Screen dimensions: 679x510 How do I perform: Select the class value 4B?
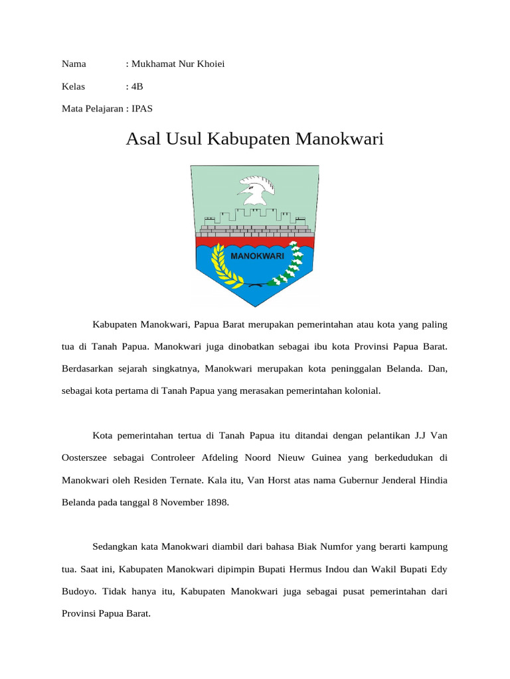(x=137, y=86)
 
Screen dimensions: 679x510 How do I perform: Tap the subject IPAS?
(x=142, y=108)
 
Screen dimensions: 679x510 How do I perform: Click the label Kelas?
(x=74, y=86)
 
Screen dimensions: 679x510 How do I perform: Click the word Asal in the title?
(x=144, y=140)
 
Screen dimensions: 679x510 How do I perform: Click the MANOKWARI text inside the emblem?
(x=257, y=255)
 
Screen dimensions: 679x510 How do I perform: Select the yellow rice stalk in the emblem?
(x=220, y=265)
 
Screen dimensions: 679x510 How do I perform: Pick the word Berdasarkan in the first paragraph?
(x=90, y=368)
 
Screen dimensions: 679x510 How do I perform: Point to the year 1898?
(x=214, y=502)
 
